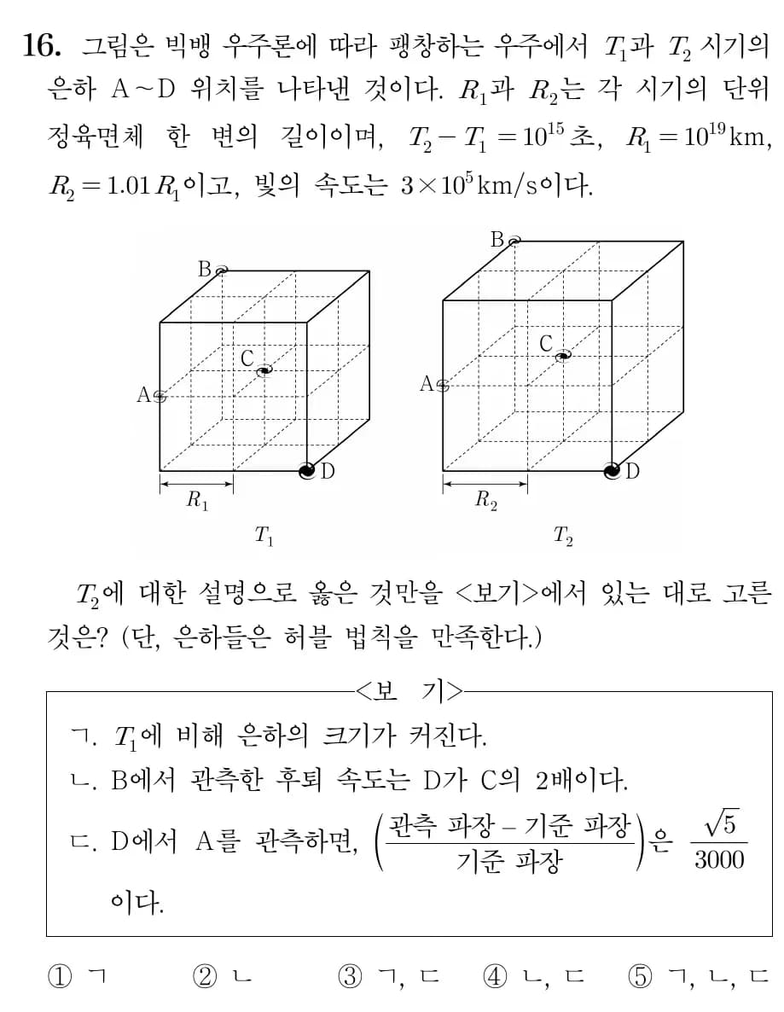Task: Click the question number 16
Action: [x=42, y=47]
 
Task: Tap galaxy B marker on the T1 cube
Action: [x=222, y=270]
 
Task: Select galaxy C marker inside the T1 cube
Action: [x=264, y=369]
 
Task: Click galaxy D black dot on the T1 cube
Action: [x=307, y=470]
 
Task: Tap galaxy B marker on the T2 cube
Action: [x=514, y=241]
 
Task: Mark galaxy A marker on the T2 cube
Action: [x=442, y=385]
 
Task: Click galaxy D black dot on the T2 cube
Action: [x=612, y=470]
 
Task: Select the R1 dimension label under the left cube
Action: [x=197, y=501]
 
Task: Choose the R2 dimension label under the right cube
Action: [x=485, y=501]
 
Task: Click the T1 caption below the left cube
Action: [x=264, y=536]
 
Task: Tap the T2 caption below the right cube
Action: [x=563, y=536]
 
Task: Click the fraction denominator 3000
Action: [x=719, y=859]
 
